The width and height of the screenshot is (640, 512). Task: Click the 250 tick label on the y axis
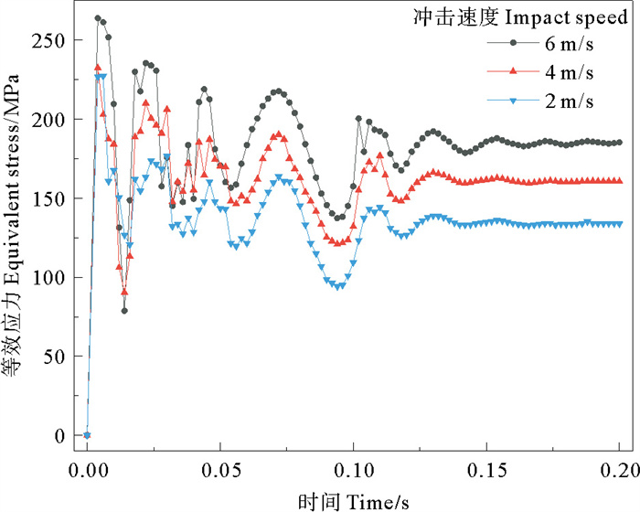click(x=48, y=41)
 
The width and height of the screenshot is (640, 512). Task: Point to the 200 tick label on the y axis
click(x=48, y=120)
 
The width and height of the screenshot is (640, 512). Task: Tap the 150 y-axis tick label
click(x=48, y=199)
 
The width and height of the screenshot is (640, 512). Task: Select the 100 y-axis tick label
click(x=48, y=278)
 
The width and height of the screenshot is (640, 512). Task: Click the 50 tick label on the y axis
click(x=54, y=357)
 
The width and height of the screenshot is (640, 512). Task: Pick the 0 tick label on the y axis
click(x=59, y=436)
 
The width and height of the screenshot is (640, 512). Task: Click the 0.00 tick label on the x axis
click(x=89, y=471)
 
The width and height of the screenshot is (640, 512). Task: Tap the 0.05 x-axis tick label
click(x=221, y=471)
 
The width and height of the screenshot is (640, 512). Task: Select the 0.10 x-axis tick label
click(x=355, y=471)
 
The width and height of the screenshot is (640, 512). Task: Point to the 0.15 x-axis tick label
click(x=487, y=471)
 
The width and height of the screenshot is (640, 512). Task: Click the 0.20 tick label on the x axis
click(x=620, y=471)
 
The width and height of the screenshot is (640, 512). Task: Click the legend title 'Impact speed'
click(x=566, y=18)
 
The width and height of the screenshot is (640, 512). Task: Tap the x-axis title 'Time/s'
click(x=378, y=502)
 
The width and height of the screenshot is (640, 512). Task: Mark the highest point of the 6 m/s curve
click(x=98, y=18)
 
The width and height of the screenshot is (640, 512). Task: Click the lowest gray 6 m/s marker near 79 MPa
click(x=124, y=311)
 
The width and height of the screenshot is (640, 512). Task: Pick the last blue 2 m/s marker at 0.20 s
click(x=620, y=224)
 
